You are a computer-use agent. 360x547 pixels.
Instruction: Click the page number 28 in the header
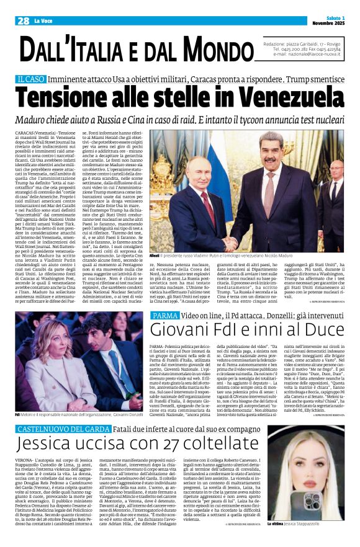[23, 20]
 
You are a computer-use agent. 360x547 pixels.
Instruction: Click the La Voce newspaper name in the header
[44, 20]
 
